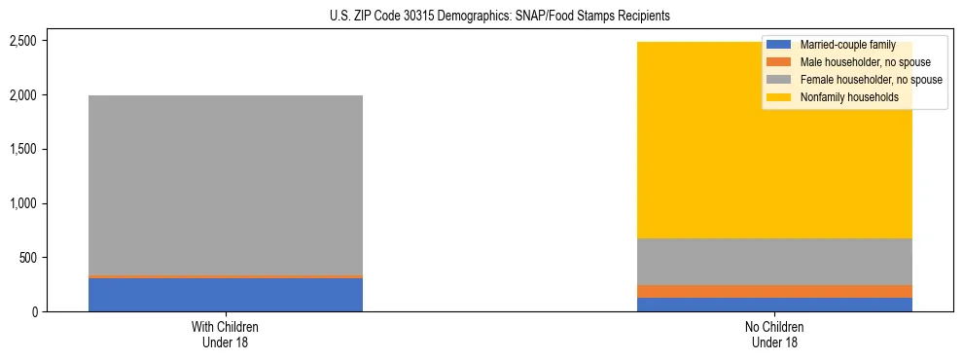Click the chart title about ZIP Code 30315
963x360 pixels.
click(481, 17)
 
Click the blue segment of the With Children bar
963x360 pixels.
click(226, 295)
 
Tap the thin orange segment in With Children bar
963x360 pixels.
click(226, 276)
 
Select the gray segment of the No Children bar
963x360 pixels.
click(775, 262)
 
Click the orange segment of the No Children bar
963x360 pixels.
click(775, 291)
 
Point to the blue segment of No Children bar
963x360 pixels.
click(775, 305)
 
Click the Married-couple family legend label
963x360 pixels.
click(847, 45)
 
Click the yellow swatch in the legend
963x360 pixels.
click(779, 97)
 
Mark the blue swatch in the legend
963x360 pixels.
click(779, 45)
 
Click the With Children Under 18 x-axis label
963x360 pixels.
click(226, 335)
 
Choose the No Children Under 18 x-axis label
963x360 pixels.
click(775, 335)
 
